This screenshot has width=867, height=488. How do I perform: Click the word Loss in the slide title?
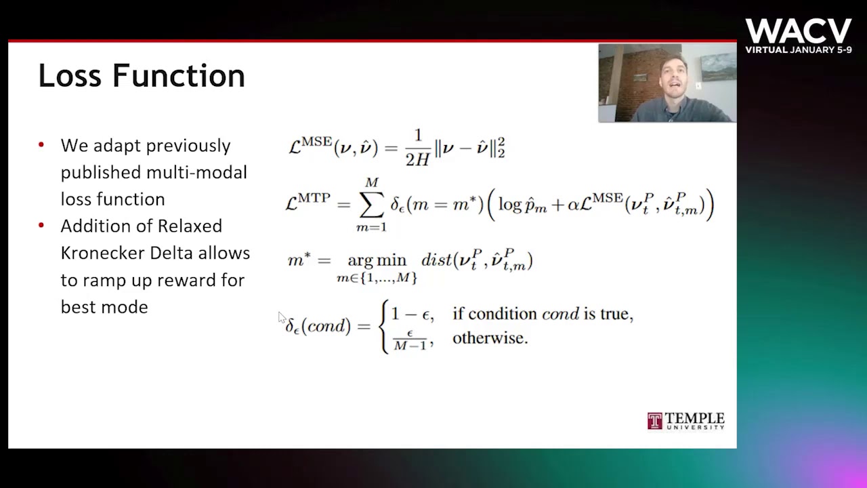click(71, 75)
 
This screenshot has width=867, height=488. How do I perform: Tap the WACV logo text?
click(798, 31)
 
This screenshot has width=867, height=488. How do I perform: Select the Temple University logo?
click(685, 421)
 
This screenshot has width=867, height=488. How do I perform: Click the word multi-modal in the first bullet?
click(196, 172)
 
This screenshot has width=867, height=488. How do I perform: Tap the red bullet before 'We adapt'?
click(41, 145)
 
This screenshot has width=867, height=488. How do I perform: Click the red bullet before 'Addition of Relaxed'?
click(41, 225)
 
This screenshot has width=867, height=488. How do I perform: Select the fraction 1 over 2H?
click(417, 147)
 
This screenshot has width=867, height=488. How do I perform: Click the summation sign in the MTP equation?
click(371, 204)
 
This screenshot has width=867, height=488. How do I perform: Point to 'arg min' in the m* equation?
click(376, 260)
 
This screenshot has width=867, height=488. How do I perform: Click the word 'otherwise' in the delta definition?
click(489, 338)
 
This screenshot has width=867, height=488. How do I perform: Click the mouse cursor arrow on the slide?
click(282, 318)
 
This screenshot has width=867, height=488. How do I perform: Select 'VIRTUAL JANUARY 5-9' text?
click(798, 49)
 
